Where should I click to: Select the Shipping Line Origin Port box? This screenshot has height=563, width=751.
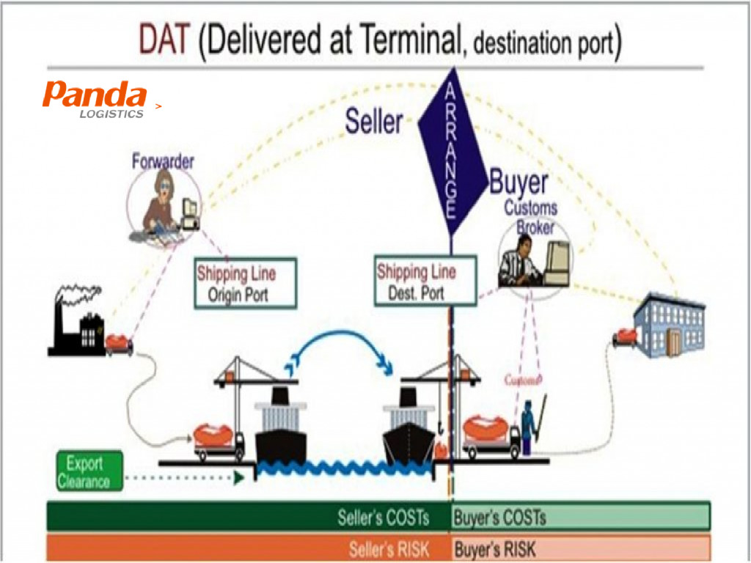tap(245, 282)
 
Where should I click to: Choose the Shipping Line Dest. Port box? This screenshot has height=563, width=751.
tap(425, 281)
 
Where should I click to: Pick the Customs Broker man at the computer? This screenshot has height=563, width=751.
tap(522, 260)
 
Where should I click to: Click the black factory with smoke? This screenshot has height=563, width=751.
tap(81, 323)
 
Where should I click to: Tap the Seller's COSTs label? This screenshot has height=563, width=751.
tap(383, 517)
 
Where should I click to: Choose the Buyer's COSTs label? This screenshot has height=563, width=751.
tap(500, 517)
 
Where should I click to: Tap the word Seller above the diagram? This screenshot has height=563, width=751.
tap(374, 121)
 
